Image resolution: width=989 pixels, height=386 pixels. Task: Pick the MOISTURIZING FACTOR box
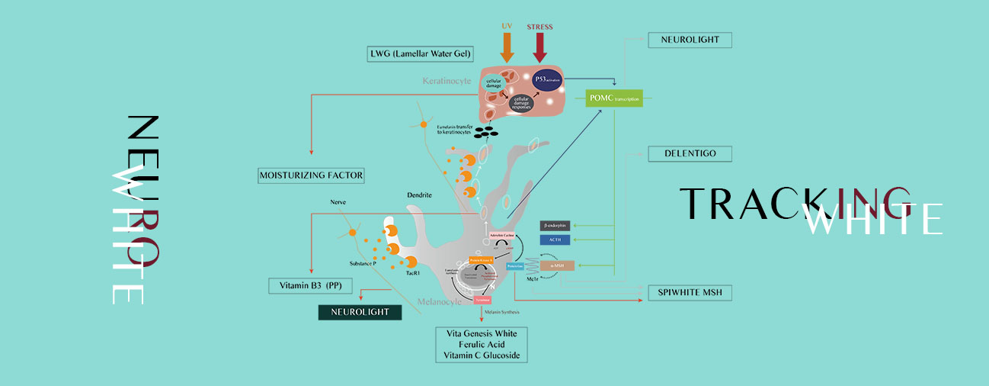[x=310, y=175]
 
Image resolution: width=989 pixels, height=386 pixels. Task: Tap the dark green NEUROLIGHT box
[x=360, y=312]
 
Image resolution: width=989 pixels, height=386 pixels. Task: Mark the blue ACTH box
[x=555, y=240]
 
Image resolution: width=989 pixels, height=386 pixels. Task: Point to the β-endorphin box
[x=555, y=226]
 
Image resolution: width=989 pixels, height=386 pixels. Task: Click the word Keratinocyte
[x=447, y=79]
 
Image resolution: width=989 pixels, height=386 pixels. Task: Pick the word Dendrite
[x=419, y=195]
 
